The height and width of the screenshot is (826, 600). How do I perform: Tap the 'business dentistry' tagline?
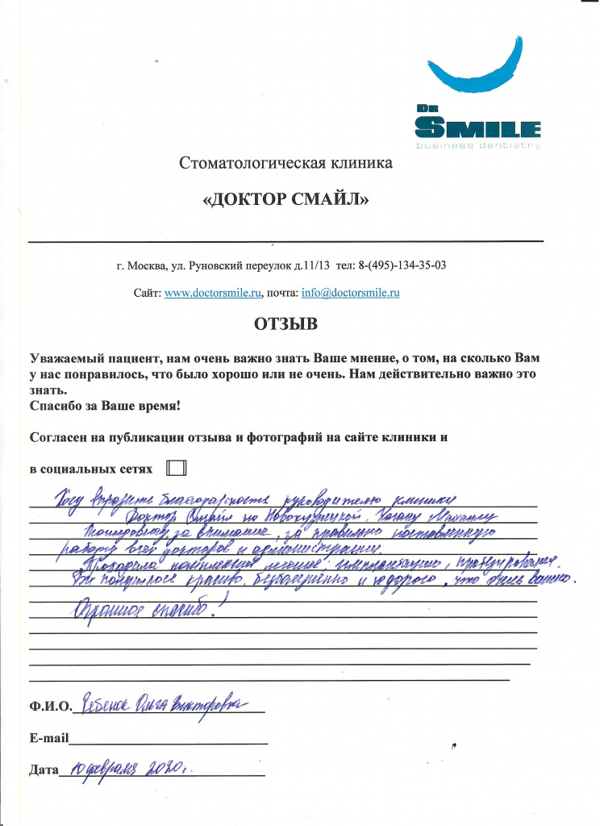[x=478, y=145]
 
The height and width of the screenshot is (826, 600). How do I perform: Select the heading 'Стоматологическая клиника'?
[x=286, y=164]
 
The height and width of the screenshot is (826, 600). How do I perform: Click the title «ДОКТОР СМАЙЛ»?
[x=286, y=199]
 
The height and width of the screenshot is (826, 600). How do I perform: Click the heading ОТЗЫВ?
[x=286, y=324]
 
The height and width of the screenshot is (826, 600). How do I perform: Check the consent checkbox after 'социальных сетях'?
[x=176, y=468]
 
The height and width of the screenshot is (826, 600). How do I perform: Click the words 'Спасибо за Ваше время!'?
[x=105, y=406]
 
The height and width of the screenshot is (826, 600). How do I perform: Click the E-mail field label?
[x=48, y=738]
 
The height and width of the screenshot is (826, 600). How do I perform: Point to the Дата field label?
[x=44, y=770]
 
